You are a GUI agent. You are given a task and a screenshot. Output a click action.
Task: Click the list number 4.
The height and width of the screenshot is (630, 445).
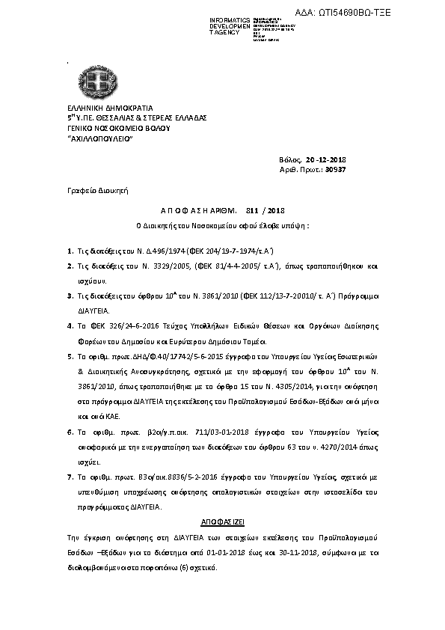(x=69, y=326)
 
